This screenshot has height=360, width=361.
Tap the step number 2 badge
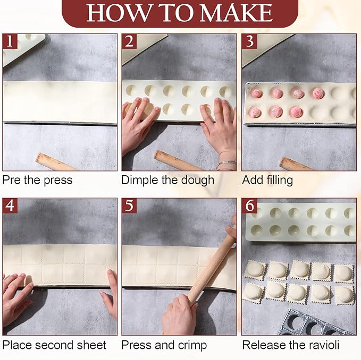click(129, 41)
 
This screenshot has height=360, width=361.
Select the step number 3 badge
click(249, 41)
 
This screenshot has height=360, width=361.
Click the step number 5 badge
click(129, 205)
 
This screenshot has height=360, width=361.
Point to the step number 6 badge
click(249, 205)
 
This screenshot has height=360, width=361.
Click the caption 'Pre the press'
click(37, 180)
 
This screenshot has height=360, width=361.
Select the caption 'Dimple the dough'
click(167, 180)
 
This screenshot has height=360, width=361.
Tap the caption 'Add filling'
click(267, 180)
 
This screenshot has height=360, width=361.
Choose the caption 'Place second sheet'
click(54, 345)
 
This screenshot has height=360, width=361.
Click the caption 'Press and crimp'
click(164, 345)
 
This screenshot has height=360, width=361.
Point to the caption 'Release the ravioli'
click(291, 345)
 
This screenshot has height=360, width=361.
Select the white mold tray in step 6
click(300, 222)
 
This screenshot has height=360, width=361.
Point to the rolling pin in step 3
click(296, 164)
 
